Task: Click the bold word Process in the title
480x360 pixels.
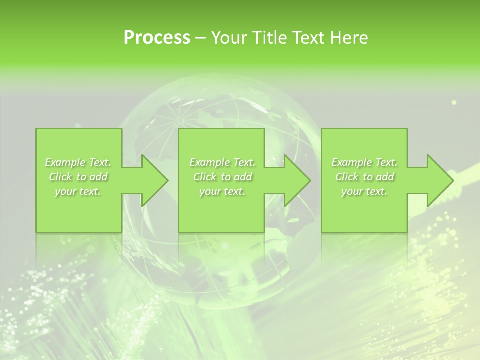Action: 157,38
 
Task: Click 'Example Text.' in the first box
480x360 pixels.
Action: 78,162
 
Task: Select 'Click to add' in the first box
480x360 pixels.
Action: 78,177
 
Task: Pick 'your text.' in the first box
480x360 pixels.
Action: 78,191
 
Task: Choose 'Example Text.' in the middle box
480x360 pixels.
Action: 222,162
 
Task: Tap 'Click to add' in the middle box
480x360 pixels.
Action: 222,177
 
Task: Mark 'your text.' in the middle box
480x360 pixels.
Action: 222,191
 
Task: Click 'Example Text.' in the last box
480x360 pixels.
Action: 364,162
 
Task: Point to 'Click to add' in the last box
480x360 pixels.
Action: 364,177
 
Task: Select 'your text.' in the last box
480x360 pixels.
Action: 364,191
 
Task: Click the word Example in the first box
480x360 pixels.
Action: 65,162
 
